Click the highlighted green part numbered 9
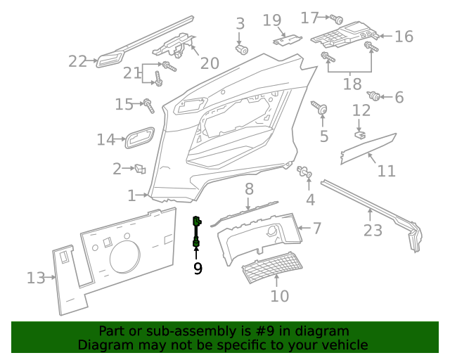point(197,232)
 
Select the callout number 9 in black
point(198,267)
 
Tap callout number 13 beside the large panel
point(36,278)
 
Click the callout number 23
point(373,229)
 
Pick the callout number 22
point(77,62)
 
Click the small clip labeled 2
point(140,169)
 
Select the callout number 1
point(131,195)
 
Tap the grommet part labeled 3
point(242,50)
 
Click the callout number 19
point(272,20)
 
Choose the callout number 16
point(404,37)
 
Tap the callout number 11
point(386,171)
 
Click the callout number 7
point(317,228)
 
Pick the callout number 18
point(352,85)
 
